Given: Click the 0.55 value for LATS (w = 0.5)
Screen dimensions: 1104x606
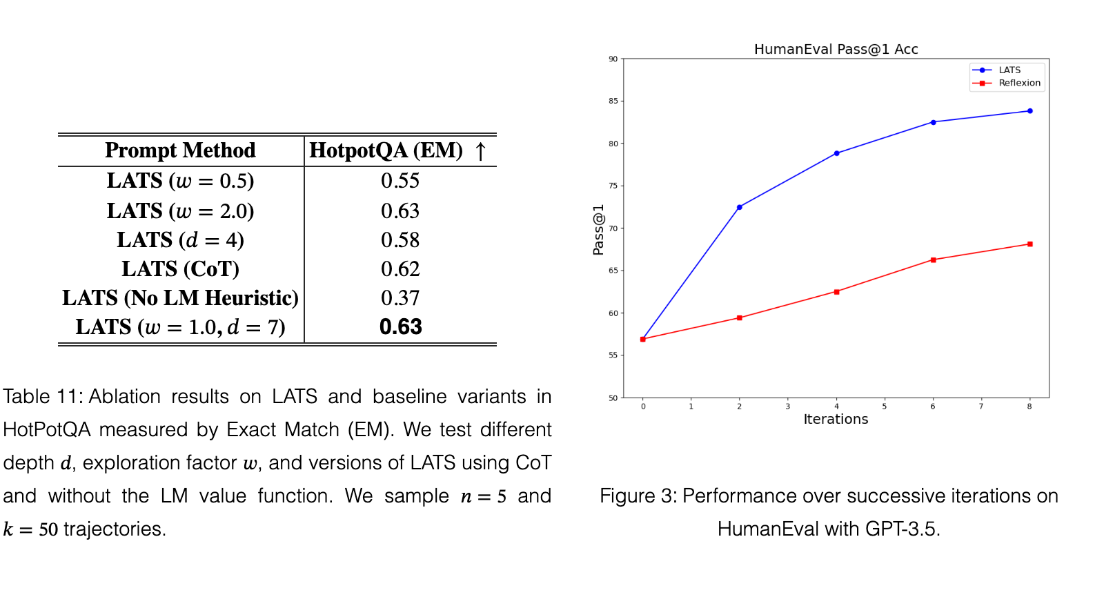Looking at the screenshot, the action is (400, 180).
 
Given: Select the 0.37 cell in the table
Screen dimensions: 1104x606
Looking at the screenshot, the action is (400, 297).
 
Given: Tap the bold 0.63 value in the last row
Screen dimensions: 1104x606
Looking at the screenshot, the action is (401, 327).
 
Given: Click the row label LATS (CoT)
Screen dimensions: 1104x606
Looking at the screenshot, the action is (180, 268).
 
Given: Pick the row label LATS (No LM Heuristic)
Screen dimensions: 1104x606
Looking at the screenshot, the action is (180, 297).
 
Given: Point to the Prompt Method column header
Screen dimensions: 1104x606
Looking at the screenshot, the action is (180, 150).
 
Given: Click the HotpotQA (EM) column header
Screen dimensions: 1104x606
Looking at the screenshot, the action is (386, 150).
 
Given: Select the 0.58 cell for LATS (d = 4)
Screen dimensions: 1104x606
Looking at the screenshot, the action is (400, 240).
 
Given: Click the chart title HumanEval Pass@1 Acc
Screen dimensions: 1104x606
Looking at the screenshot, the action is (836, 49).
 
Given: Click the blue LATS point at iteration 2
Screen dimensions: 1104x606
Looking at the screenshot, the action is (739, 207).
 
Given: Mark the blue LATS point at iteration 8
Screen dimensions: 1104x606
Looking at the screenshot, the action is (1030, 111).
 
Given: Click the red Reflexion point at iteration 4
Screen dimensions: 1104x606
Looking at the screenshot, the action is (836, 292).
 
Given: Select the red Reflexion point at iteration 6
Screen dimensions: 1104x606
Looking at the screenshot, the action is (934, 260).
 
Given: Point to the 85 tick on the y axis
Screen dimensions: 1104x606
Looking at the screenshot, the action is (613, 101).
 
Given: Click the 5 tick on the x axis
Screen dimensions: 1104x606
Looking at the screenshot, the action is (884, 407).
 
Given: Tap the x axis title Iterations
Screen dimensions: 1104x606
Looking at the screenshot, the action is (836, 419).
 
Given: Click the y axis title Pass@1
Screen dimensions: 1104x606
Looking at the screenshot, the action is (598, 230).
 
